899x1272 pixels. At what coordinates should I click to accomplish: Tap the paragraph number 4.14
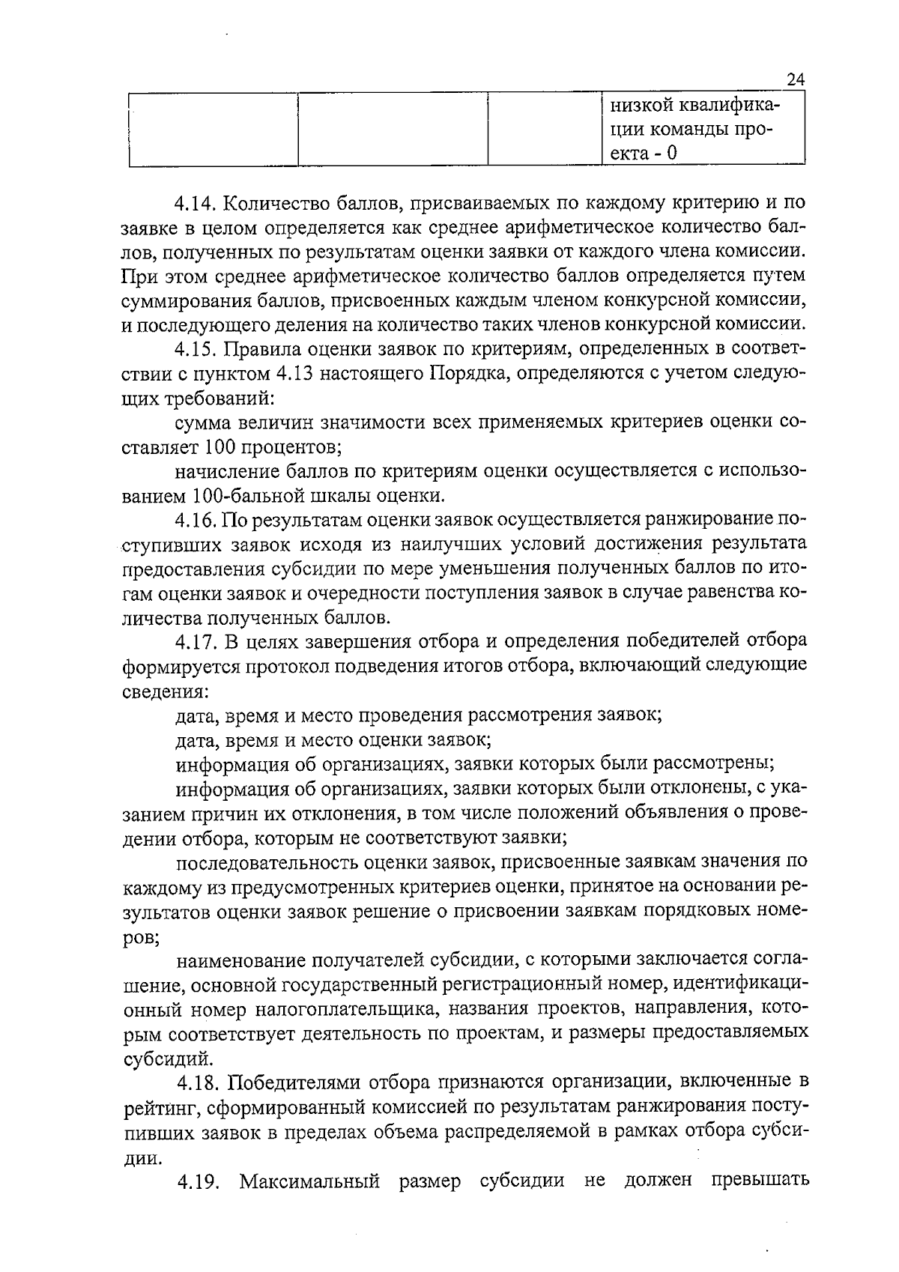click(196, 203)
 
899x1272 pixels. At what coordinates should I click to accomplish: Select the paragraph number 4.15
click(196, 349)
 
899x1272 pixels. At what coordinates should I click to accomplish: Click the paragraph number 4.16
click(196, 519)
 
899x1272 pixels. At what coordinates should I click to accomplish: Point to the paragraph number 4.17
click(196, 641)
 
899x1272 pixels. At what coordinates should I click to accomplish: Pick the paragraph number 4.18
click(199, 1082)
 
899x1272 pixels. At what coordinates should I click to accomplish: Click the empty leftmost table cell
click(214, 128)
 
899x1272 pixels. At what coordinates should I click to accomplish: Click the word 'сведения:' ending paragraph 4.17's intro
click(164, 691)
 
